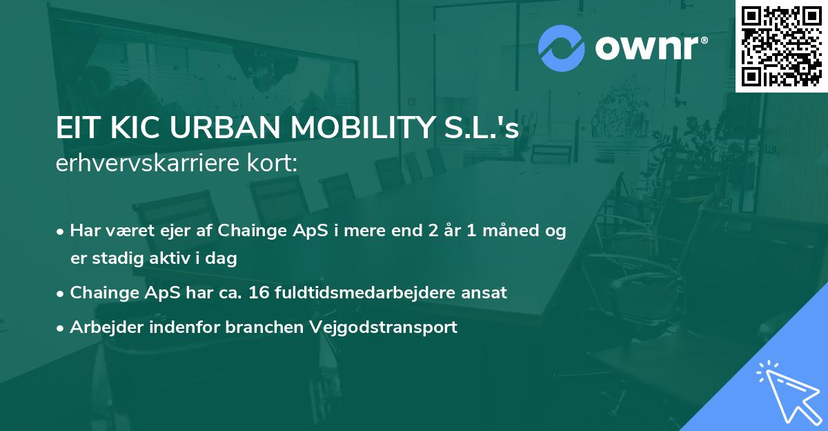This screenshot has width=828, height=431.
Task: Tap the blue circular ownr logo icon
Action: [562, 48]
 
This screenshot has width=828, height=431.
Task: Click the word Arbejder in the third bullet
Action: [101, 327]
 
